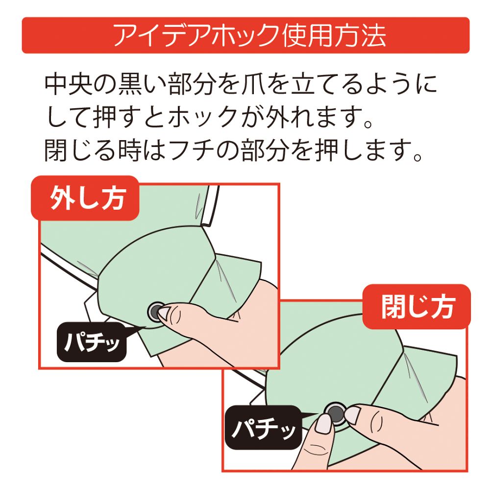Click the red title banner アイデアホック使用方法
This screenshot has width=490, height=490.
pos(245,35)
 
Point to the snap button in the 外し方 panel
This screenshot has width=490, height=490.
pos(156,310)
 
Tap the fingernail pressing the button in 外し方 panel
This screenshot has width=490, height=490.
pos(164,312)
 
